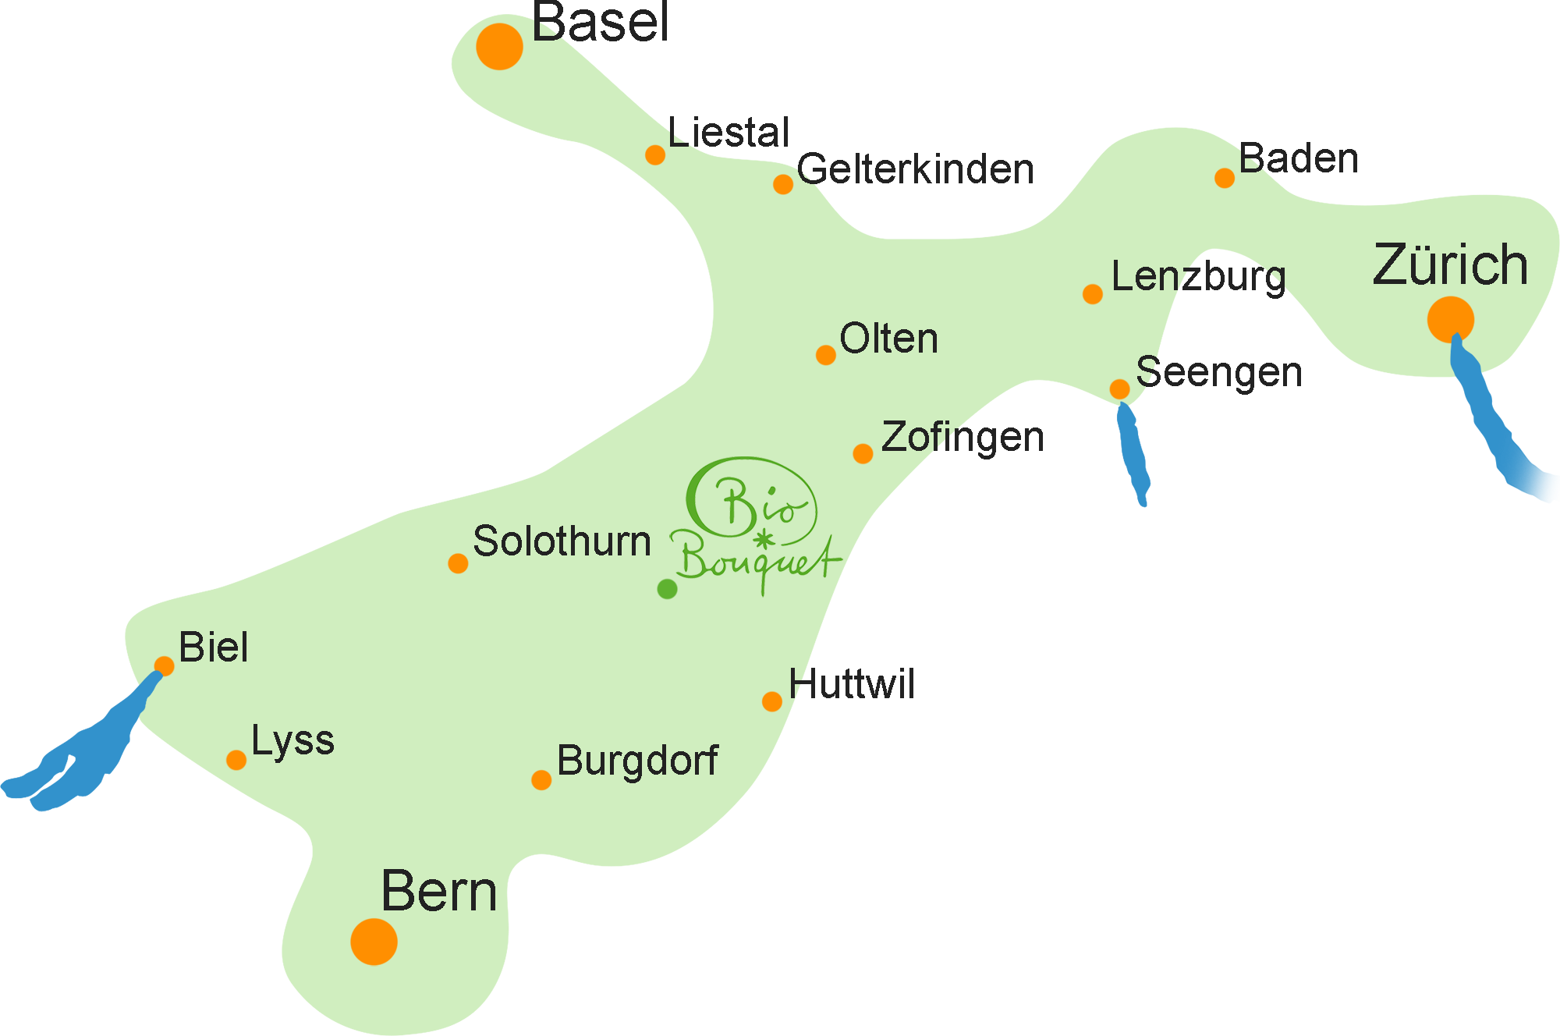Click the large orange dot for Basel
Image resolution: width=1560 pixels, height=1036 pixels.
(499, 47)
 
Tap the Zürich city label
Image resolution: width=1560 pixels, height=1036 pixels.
(1450, 265)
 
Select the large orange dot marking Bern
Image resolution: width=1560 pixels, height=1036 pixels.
(374, 942)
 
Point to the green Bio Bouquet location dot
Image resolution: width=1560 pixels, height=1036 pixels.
(667, 589)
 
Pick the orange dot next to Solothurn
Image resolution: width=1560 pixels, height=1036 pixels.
(458, 563)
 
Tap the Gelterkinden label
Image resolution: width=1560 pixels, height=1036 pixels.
(915, 169)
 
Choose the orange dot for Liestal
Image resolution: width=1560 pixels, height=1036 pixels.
(655, 154)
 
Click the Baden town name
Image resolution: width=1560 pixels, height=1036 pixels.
(1299, 158)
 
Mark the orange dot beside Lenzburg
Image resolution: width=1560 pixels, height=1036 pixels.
(1093, 294)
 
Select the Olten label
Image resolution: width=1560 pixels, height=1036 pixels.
(888, 339)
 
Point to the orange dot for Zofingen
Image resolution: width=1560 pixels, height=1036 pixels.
(863, 453)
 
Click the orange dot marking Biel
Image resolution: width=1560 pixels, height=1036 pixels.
(164, 666)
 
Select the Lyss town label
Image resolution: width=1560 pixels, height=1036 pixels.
(292, 740)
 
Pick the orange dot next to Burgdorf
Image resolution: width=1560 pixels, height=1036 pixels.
(541, 780)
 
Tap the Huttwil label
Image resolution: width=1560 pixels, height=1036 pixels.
(852, 684)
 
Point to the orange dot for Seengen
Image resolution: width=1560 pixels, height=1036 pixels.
(1119, 388)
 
